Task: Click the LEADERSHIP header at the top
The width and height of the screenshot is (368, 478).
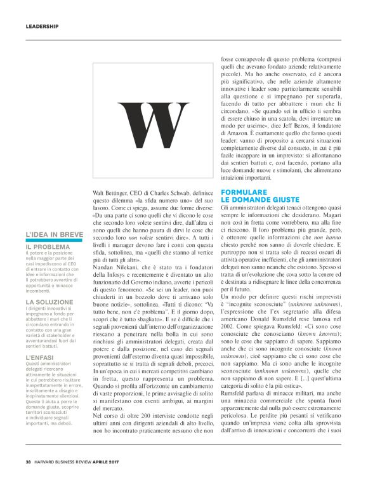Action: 42,27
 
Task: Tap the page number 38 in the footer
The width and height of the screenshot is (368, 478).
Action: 29,461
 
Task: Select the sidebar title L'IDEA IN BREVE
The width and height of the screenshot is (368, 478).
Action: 54,234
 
